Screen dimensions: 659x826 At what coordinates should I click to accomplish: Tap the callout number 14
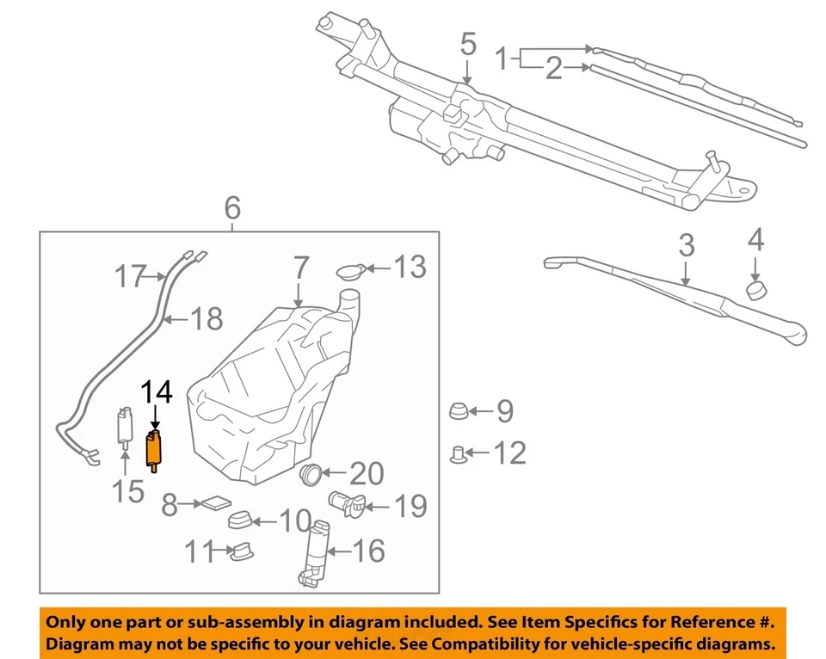click(157, 393)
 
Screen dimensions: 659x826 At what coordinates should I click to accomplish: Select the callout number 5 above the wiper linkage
click(467, 44)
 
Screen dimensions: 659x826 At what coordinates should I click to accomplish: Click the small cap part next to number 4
click(755, 287)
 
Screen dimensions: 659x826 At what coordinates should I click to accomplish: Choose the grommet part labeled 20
click(311, 472)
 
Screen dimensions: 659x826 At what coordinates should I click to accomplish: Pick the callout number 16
click(369, 551)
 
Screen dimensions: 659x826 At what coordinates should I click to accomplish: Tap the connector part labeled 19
click(345, 503)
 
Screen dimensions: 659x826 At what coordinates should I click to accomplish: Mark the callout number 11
click(201, 551)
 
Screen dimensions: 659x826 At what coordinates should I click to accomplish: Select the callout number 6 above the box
click(231, 208)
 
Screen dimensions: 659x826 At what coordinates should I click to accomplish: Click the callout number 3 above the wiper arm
click(686, 246)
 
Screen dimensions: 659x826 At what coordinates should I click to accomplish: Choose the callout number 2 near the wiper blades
click(553, 68)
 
